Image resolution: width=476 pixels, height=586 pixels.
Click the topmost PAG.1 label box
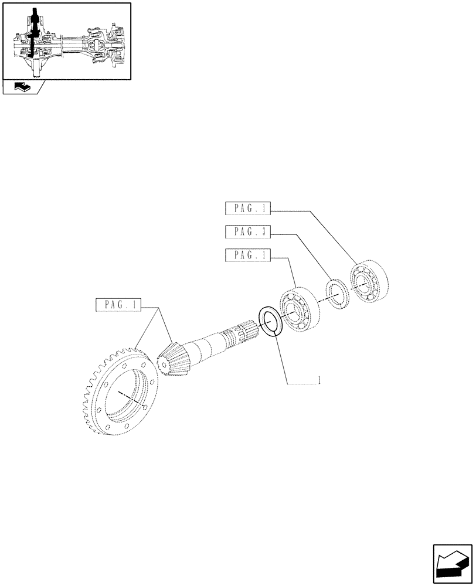pos(247,208)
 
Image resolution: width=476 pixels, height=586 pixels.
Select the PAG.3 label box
pos(247,231)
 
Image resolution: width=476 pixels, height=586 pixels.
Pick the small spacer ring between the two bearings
pos(338,294)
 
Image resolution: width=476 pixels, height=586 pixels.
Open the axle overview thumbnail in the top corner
pos(66,41)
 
